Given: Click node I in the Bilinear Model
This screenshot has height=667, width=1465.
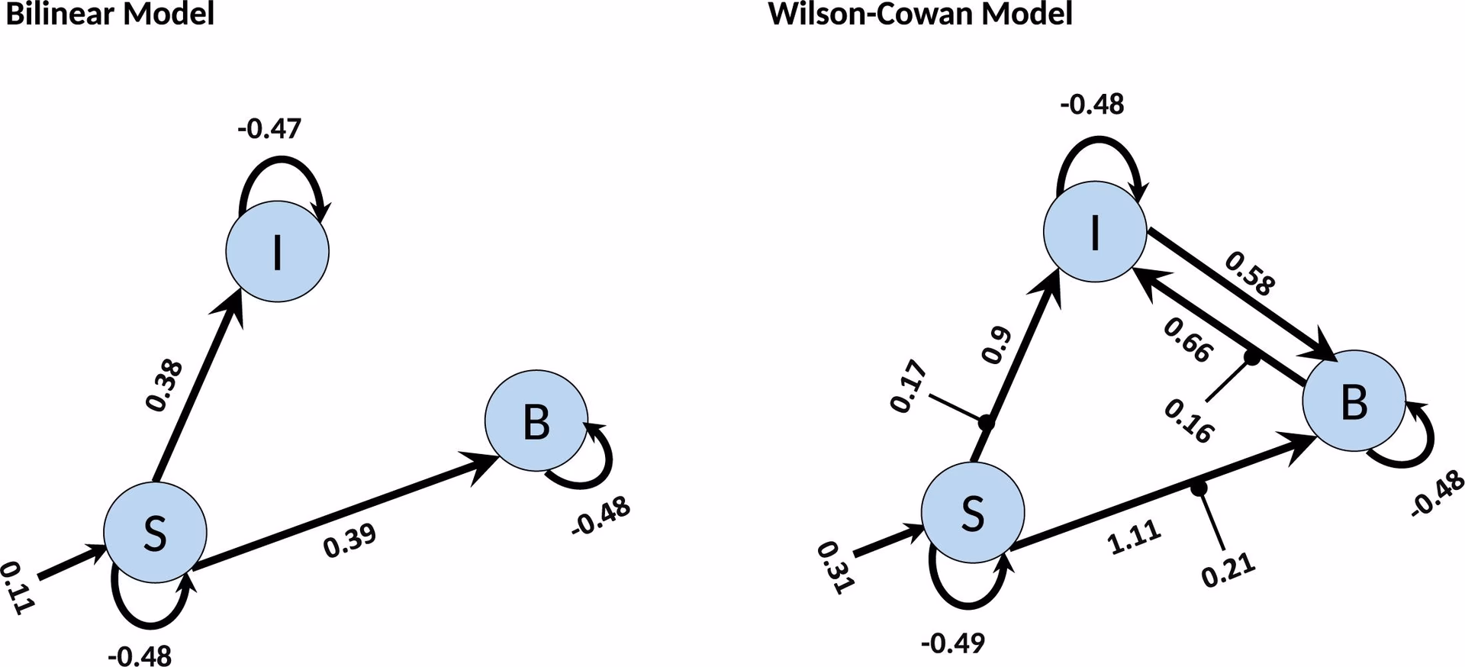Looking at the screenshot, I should [x=277, y=251].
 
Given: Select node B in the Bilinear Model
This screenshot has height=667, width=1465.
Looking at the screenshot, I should [x=536, y=420].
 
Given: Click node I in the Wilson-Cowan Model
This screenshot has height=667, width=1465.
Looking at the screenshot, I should [x=1095, y=232].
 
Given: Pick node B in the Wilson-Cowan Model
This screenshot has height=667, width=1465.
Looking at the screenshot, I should [x=1354, y=401].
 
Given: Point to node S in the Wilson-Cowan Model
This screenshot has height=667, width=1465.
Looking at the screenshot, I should [x=973, y=513].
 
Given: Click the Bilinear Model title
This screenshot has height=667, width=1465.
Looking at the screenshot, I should [x=110, y=14].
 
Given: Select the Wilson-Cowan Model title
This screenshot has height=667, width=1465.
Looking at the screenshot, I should [x=920, y=14].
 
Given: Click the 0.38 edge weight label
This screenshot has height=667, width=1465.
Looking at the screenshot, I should [x=165, y=385].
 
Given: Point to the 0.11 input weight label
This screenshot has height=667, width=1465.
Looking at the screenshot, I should [x=17, y=588].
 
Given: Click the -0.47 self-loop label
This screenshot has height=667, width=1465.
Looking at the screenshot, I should [x=269, y=128].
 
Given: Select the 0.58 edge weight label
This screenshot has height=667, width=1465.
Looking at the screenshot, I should [x=1250, y=273].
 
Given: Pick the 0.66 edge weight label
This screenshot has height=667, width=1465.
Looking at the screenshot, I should [x=1187, y=340].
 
